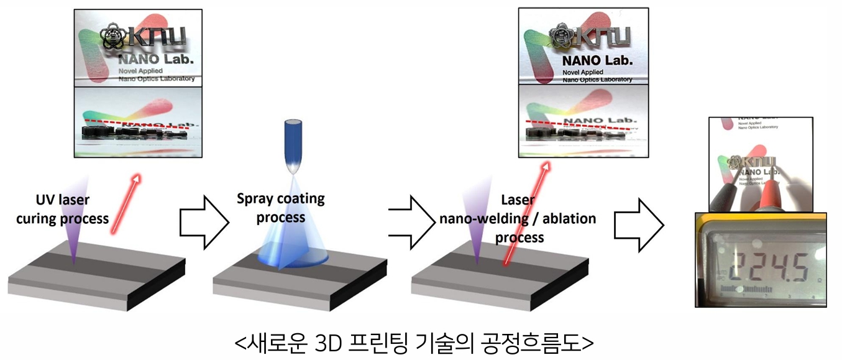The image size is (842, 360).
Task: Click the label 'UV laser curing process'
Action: click(62, 210)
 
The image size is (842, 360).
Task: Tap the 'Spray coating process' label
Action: click(281, 208)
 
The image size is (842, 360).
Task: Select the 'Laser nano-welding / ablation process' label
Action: click(518, 219)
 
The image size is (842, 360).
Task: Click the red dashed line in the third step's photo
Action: click(579, 124)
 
